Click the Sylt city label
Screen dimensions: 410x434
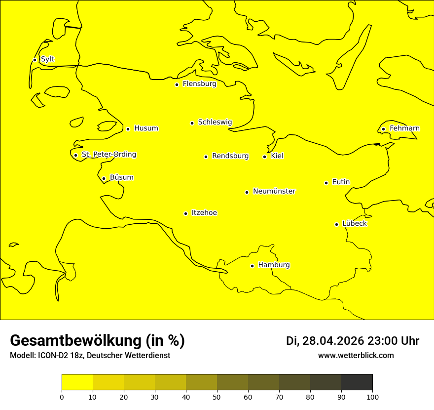point(47,59)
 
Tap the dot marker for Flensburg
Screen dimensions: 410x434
point(177,84)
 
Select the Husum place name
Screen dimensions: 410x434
point(146,128)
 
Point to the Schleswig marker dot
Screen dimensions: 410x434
point(192,123)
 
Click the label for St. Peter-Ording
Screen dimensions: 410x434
point(109,155)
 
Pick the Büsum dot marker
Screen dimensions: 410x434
point(104,178)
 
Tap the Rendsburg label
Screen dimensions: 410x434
point(230,156)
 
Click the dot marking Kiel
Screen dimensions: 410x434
point(264,157)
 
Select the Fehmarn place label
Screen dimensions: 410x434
point(404,128)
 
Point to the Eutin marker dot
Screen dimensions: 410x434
point(326,183)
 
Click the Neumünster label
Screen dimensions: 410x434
point(274,191)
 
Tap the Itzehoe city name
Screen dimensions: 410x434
point(204,213)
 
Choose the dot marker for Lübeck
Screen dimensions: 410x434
point(336,224)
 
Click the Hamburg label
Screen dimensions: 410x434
point(274,265)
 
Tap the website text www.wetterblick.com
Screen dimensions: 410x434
point(356,356)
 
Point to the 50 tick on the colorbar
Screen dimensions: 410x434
point(217,397)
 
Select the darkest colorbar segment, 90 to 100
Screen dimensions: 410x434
point(357,382)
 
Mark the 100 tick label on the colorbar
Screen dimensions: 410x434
point(372,397)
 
